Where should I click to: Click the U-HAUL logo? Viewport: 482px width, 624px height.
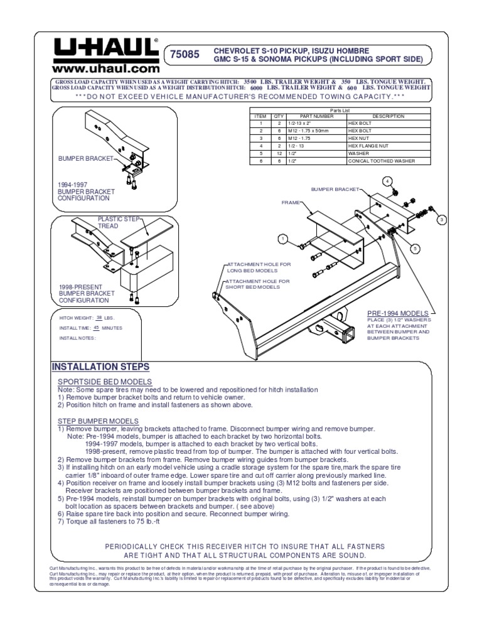(105, 48)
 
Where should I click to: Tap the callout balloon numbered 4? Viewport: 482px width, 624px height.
(387, 182)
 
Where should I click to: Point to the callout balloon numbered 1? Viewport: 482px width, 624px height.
(283, 239)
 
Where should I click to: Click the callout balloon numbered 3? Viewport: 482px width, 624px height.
(441, 219)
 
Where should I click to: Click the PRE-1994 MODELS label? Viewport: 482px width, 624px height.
(398, 313)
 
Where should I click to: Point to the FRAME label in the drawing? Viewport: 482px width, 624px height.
(291, 203)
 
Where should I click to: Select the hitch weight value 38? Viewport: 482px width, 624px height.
(99, 318)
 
